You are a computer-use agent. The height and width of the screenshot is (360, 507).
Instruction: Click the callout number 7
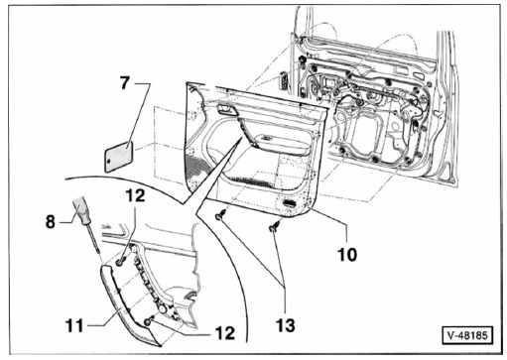coord(125,82)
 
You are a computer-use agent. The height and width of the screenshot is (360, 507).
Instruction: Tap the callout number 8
coord(51,221)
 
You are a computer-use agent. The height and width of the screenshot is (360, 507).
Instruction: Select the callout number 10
coord(347,255)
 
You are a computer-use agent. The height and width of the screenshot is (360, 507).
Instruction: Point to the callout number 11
coord(75,326)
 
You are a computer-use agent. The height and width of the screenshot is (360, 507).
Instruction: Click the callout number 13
coord(286,325)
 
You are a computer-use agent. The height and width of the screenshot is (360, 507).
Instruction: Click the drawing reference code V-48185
coord(467,335)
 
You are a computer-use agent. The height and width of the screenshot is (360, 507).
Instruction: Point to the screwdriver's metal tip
coord(97,251)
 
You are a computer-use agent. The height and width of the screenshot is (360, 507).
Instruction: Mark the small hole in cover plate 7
coord(108,162)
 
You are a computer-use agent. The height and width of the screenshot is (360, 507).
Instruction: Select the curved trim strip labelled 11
coord(127,305)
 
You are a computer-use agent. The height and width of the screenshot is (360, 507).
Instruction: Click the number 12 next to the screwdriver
coord(135,195)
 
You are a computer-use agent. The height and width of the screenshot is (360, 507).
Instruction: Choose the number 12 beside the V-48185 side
coord(225,333)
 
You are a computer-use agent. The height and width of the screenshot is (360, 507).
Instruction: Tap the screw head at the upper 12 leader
coord(120,262)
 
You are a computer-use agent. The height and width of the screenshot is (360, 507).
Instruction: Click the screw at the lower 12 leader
coord(149,320)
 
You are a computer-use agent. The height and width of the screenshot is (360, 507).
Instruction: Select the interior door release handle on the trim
coord(227,109)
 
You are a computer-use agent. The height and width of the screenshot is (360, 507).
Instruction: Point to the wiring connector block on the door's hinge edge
coord(284,81)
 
